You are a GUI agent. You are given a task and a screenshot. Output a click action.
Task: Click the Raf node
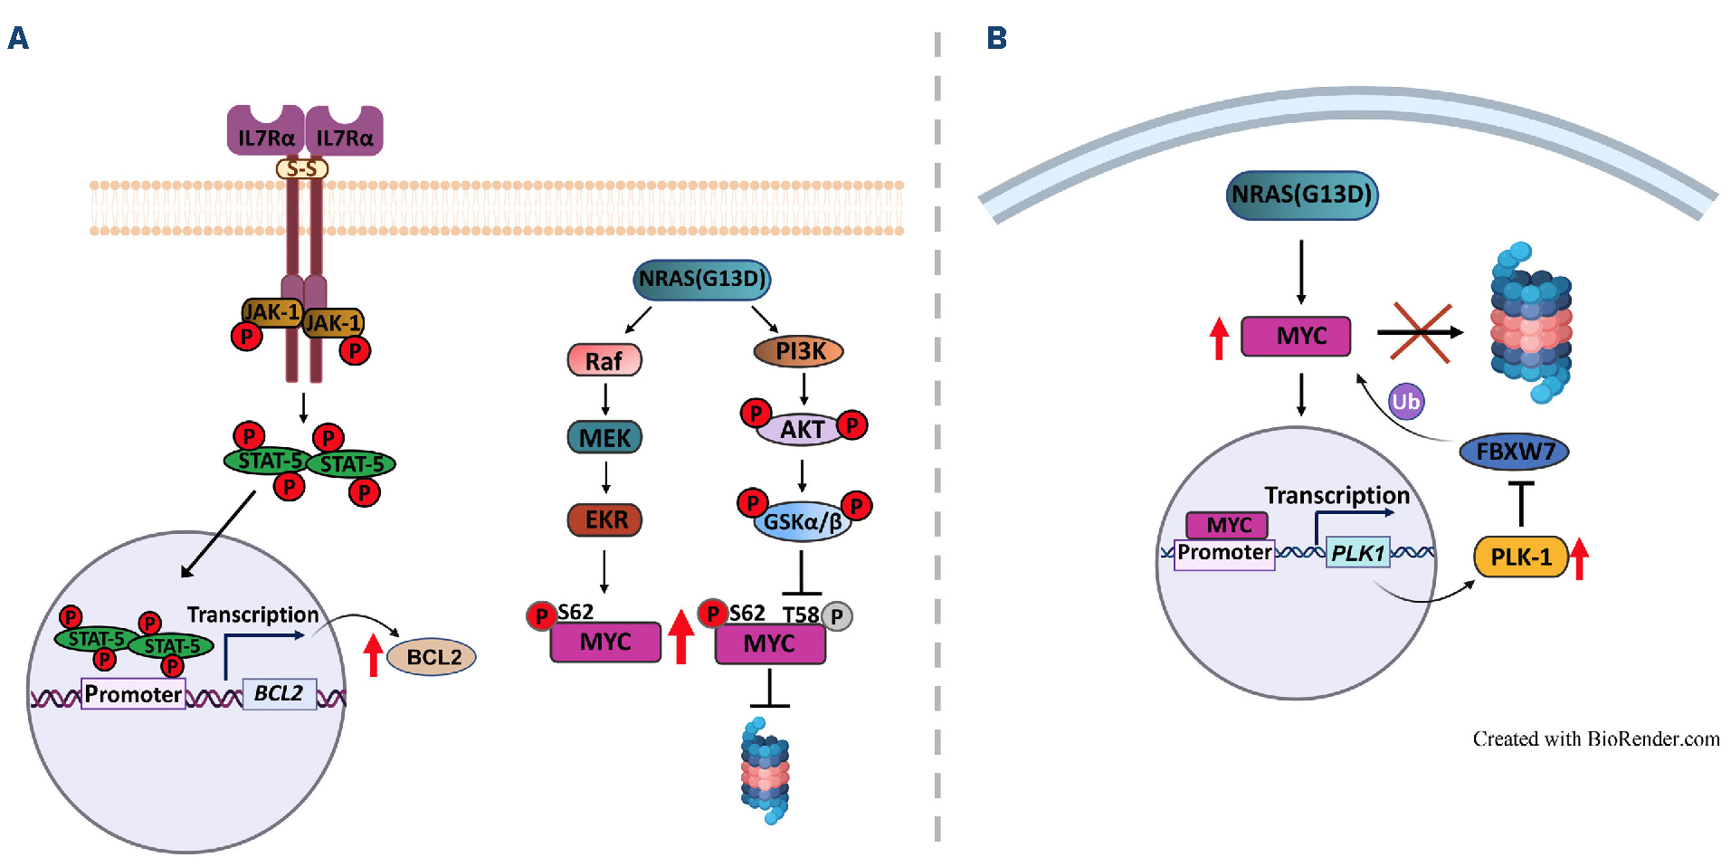[604, 360]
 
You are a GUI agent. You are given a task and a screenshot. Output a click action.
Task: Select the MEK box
[604, 438]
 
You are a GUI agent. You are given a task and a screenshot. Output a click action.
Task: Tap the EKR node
[604, 519]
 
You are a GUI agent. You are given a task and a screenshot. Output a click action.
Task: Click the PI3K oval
[799, 351]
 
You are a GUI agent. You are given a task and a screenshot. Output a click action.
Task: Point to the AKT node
[802, 429]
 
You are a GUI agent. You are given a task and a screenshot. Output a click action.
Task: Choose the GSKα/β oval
[802, 521]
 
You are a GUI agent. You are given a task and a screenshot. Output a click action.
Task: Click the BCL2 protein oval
[433, 657]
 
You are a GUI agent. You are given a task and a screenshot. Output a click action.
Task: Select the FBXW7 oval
[1514, 451]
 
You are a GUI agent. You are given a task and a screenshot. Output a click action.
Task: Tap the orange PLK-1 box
[1520, 557]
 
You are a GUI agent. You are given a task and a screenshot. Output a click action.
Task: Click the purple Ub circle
[1405, 401]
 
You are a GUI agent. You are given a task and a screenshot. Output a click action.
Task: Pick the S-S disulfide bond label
[301, 169]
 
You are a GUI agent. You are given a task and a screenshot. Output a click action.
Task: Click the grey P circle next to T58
[837, 616]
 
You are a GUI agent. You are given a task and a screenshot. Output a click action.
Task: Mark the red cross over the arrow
[1421, 332]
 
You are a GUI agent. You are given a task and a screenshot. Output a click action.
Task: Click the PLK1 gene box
[1357, 553]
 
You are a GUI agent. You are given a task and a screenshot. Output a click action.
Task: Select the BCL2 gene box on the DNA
[279, 694]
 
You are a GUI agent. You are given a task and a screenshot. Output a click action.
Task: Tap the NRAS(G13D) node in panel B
[1301, 195]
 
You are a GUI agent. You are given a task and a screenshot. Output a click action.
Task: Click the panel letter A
[18, 38]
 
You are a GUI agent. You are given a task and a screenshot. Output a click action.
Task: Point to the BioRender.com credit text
[1595, 739]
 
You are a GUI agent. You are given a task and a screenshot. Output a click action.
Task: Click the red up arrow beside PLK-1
[1579, 557]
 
